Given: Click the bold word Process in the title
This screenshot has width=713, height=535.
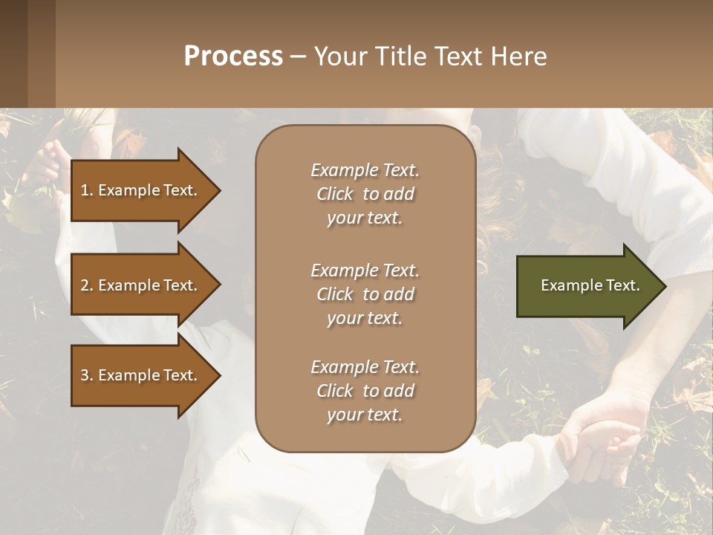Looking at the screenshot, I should point(233,56).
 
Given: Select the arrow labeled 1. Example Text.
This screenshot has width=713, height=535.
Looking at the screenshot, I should point(141,190).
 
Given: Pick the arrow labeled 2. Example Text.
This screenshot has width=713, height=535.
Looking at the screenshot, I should point(141,285).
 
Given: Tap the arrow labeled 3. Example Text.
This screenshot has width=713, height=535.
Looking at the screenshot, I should point(141,375).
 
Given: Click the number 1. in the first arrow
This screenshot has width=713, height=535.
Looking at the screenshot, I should point(87,190).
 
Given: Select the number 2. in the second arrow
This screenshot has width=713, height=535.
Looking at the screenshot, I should point(87,285).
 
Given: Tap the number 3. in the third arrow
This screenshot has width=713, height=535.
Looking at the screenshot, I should point(87,375).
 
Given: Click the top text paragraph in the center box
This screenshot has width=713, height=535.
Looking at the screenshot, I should point(365,194).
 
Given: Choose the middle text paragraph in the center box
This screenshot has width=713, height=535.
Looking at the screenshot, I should point(365,294).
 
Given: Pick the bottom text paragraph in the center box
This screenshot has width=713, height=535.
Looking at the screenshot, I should point(365,391).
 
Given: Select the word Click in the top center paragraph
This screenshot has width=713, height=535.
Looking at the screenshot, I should point(334,194).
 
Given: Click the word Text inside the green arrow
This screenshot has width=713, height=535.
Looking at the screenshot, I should point(623,285).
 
